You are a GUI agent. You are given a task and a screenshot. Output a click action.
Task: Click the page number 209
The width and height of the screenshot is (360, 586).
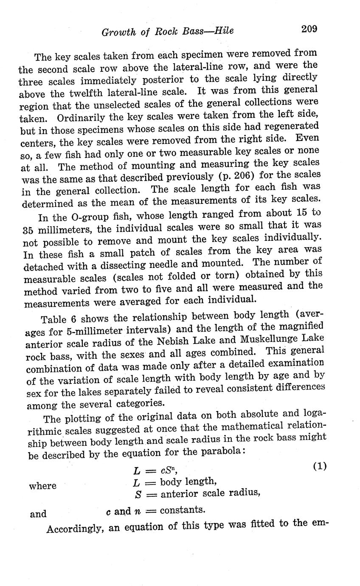[309, 29]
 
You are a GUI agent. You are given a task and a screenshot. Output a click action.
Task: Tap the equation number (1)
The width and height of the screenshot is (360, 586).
[320, 466]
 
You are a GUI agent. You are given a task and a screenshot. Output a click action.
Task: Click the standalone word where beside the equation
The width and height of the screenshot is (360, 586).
[42, 486]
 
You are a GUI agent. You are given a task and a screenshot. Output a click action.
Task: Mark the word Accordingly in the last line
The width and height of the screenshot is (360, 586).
[74, 529]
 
